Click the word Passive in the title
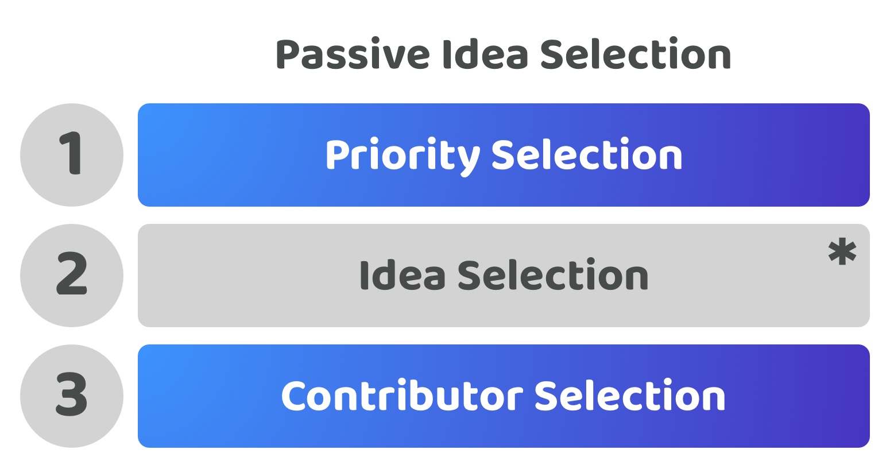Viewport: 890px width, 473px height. (353, 55)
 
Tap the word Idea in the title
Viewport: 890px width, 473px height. (485, 54)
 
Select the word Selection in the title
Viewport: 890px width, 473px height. (635, 53)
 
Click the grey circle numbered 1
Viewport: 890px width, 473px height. (72, 155)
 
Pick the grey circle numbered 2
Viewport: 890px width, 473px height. (72, 276)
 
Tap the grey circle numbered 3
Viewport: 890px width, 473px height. (72, 396)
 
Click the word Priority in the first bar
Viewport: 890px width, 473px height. (403, 157)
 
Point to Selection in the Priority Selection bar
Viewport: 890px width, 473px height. (587, 154)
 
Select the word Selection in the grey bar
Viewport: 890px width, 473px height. (553, 274)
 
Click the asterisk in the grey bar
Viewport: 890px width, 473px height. (842, 251)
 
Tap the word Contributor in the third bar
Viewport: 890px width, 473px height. (402, 396)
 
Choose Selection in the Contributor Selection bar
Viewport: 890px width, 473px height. (630, 395)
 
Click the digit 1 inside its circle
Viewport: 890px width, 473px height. (71, 153)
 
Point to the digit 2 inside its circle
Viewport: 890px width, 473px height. (72, 273)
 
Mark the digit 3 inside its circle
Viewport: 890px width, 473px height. (72, 394)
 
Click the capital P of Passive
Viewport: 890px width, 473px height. (288, 55)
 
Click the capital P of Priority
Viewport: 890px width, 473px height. (338, 156)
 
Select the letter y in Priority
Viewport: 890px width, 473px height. (467, 160)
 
